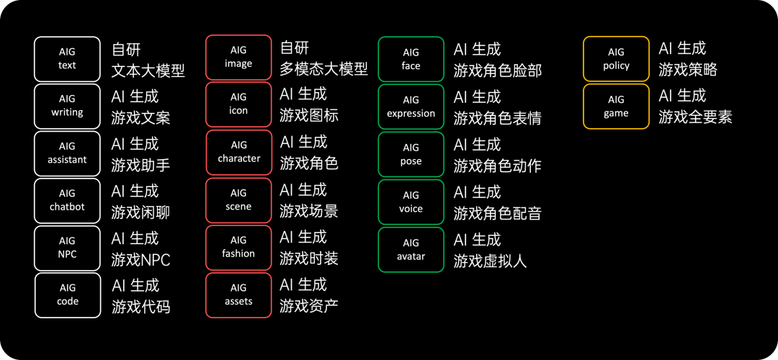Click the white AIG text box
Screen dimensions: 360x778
[67, 59]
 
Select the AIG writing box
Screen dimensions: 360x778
[67, 106]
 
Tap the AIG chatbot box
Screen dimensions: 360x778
[67, 200]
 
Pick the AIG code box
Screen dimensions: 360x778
[68, 294]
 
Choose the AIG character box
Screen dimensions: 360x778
[239, 152]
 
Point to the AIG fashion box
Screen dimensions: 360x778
[238, 247]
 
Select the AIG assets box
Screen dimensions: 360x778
[238, 294]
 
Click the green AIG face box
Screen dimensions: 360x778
[411, 59]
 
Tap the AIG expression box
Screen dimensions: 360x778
[411, 107]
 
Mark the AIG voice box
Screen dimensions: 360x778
[411, 202]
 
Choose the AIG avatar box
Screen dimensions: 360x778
[411, 249]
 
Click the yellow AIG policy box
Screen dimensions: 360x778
[616, 58]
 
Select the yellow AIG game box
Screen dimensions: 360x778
[616, 106]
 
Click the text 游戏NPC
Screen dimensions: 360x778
[141, 260]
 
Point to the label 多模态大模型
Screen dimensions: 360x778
[324, 70]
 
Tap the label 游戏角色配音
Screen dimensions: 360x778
[498, 214]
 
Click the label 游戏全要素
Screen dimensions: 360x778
[695, 117]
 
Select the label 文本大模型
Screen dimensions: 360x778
[148, 71]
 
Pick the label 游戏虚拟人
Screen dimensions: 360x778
[491, 261]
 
